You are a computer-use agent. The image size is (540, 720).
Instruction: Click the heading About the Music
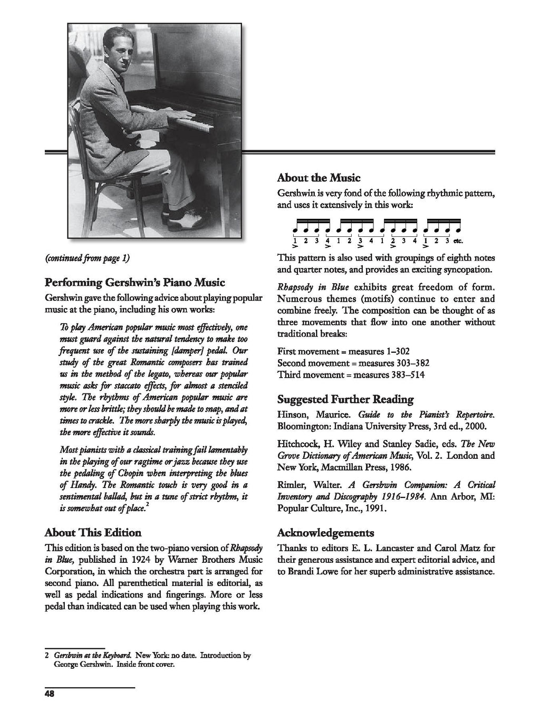pyautogui.click(x=319, y=177)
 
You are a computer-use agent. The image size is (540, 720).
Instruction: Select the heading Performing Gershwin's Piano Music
pyautogui.click(x=135, y=282)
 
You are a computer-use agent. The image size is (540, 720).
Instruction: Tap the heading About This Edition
pyautogui.click(x=93, y=532)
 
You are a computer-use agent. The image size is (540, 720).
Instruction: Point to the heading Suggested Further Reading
pyautogui.click(x=345, y=399)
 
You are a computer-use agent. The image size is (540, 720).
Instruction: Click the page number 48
pyautogui.click(x=50, y=694)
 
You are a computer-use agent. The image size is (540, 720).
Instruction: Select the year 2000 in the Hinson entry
pyautogui.click(x=481, y=426)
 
